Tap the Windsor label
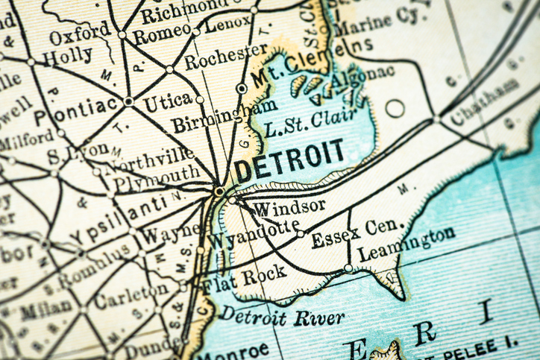point(289,205)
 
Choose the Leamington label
point(406,244)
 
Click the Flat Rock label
point(244,277)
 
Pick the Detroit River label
point(283,315)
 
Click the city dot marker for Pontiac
point(128,101)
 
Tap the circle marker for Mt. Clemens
point(242,88)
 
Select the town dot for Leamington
point(348,268)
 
